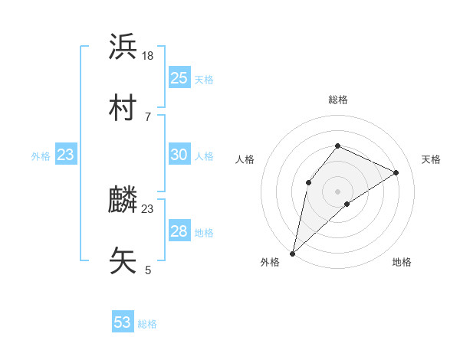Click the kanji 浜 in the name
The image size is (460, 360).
tap(123, 47)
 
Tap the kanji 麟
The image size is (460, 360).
tap(123, 201)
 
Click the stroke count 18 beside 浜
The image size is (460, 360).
tap(149, 55)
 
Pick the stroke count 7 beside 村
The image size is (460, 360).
tap(147, 116)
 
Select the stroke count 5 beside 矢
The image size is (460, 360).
tap(148, 270)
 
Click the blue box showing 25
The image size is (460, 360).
tap(179, 78)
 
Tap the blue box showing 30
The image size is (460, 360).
tap(179, 155)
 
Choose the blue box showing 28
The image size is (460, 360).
tap(179, 231)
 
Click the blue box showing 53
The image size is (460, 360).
tap(123, 322)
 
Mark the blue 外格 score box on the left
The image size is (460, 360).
tap(66, 155)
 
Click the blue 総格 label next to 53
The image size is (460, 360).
tap(147, 324)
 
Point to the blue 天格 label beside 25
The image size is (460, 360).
tap(204, 79)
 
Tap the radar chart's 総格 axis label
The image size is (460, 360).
tap(337, 100)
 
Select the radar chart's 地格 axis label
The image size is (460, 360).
tap(402, 262)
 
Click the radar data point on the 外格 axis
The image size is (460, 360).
tap(292, 253)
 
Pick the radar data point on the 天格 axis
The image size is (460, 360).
tap(396, 172)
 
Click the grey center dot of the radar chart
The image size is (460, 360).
tap(337, 191)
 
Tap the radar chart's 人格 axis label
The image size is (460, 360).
tap(245, 159)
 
